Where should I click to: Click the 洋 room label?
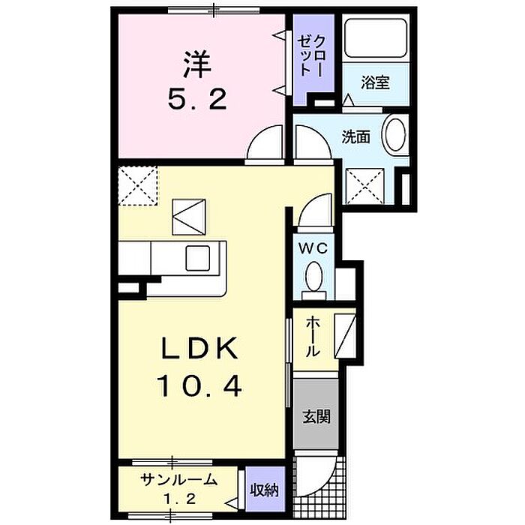coord(196,64)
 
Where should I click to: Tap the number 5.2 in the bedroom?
coord(196,100)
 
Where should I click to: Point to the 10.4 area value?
coord(199,386)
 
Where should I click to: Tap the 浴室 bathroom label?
coord(376,82)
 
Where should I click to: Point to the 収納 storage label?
coord(265,490)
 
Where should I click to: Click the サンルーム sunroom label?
coord(179,481)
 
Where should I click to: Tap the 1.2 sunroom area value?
coord(179,499)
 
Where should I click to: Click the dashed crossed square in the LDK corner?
coord(138,184)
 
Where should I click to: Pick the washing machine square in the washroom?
coord(364,185)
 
